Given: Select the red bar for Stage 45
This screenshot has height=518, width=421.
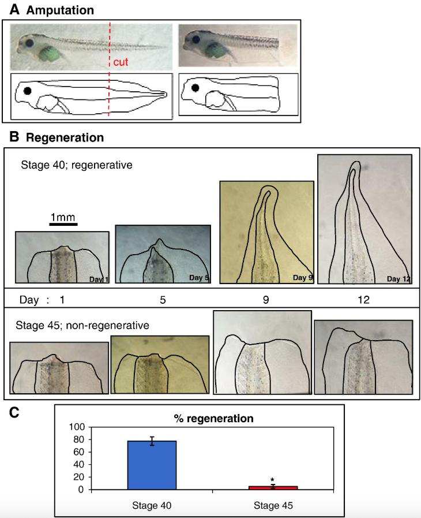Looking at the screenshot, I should (x=273, y=488).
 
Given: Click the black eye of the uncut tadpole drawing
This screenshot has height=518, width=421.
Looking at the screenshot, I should (x=27, y=90).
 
